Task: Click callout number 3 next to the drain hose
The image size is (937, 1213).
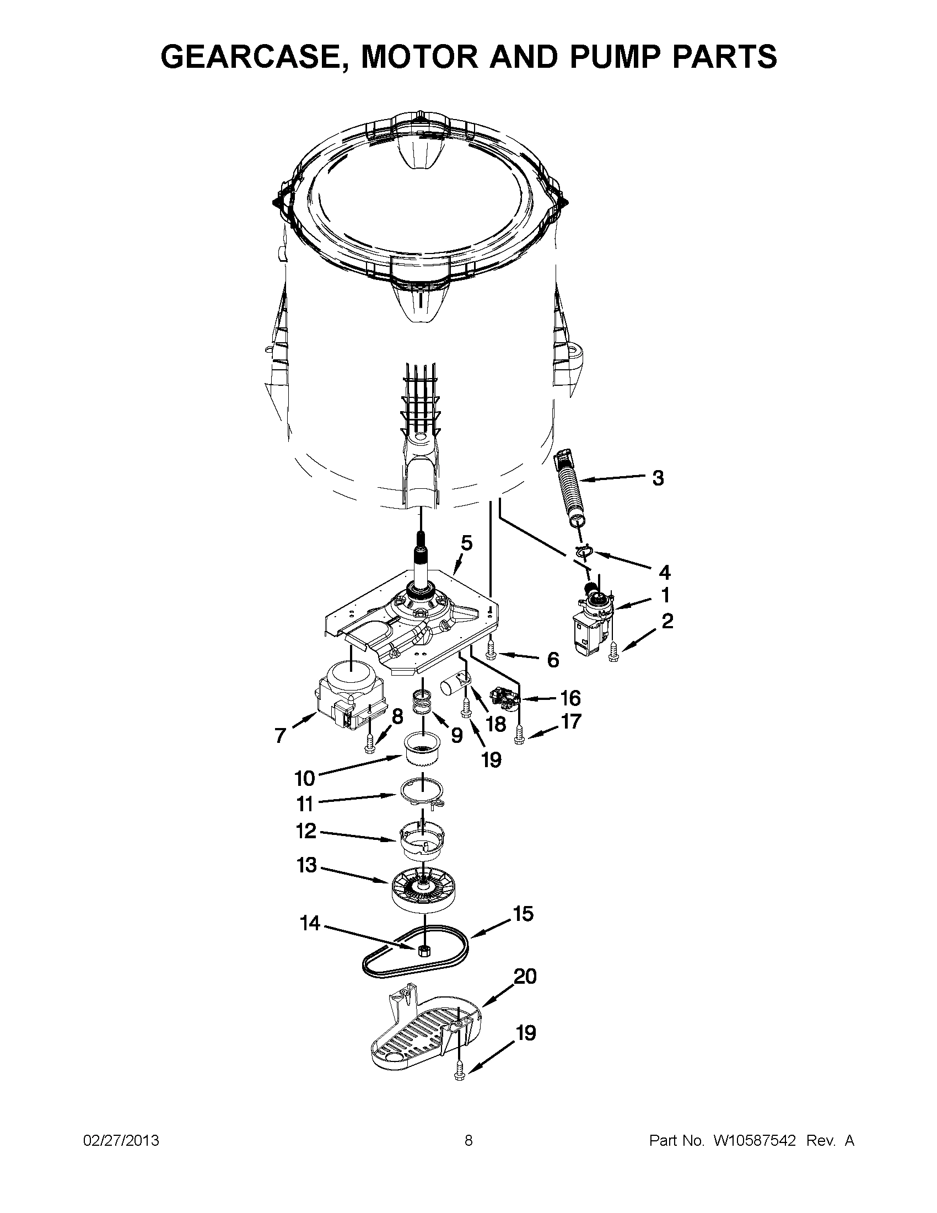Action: pos(658,478)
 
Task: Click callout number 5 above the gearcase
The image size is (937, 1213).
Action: pos(466,543)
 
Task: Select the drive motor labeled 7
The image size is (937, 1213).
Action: pos(344,700)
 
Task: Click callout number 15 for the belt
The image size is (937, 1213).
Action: pos(523,914)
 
